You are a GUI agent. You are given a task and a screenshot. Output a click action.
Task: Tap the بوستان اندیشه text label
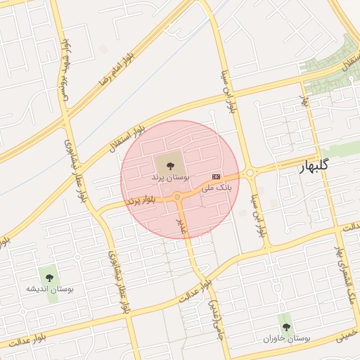pyautogui.click(x=50, y=289)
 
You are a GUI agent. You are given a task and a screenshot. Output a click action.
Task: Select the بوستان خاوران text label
pyautogui.click(x=286, y=338)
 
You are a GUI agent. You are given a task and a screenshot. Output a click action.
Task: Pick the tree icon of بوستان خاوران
pyautogui.click(x=285, y=326)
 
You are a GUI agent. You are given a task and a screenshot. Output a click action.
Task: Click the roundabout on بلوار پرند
pyautogui.click(x=178, y=198)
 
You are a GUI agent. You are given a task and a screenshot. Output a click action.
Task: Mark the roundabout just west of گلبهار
pyautogui.click(x=249, y=172)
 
